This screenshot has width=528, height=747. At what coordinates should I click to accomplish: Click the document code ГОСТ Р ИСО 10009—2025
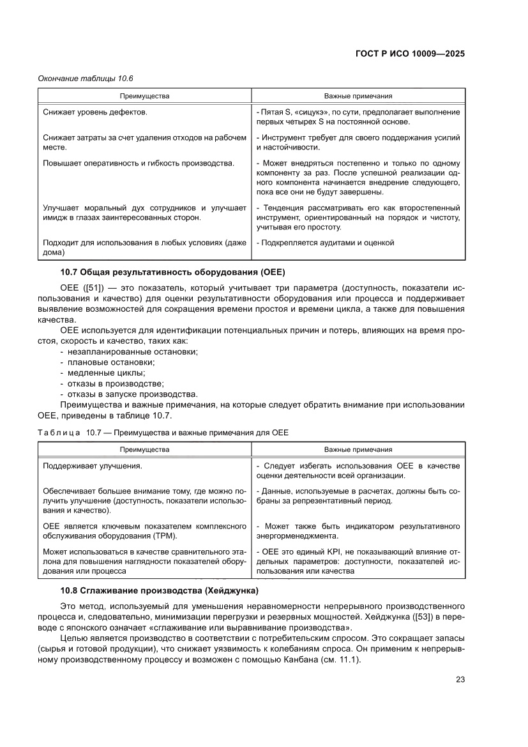409,54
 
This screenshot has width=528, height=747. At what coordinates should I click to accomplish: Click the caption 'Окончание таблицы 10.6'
80,79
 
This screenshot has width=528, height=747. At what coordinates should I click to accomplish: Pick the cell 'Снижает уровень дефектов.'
95,112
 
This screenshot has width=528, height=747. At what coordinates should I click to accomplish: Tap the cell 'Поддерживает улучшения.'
92,466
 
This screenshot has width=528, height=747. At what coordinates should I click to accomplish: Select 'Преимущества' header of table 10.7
144,449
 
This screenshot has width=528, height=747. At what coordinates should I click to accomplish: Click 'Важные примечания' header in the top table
358,96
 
